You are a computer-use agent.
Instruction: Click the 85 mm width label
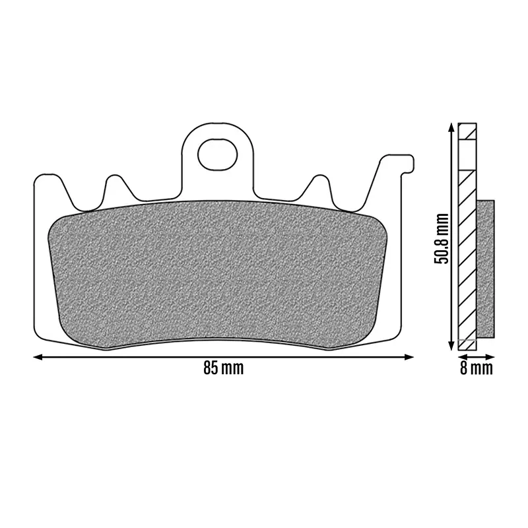(x=223, y=368)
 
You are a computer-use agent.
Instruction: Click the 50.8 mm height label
(x=442, y=238)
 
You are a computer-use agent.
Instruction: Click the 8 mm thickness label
(x=476, y=368)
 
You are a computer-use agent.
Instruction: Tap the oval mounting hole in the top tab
(x=218, y=155)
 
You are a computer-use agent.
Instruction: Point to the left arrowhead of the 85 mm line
(x=38, y=357)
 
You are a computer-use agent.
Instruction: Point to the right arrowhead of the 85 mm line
(x=409, y=357)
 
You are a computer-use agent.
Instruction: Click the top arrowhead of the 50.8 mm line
(x=451, y=127)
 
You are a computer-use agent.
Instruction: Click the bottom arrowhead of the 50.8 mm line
(x=451, y=346)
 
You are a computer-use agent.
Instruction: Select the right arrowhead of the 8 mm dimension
(x=490, y=356)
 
